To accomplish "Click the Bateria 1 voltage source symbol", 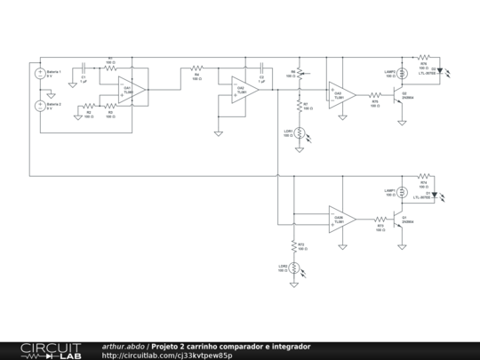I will pos(38,76).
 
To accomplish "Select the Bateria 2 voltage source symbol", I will pos(38,106).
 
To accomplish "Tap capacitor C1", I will pos(83,68).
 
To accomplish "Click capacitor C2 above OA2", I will pos(261,68).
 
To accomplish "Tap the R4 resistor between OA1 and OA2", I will pos(197,68).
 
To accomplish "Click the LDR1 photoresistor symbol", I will pos(300,132).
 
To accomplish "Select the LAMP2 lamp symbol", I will pos(401,75).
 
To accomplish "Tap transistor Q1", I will pos(400,219).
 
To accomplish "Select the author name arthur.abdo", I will pos(124,346).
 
